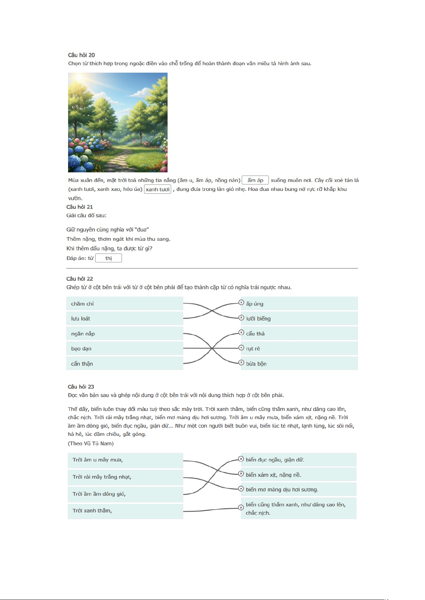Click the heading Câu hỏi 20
click(x=81, y=55)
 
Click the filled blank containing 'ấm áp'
click(x=255, y=180)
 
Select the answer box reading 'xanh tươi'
click(x=158, y=189)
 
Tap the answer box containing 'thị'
click(x=108, y=258)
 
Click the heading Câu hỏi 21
click(x=80, y=207)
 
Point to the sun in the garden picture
click(x=79, y=77)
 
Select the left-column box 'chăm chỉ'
click(x=124, y=304)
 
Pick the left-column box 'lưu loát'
click(x=124, y=319)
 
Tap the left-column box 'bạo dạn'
click(x=124, y=349)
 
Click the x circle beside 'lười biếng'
click(x=241, y=318)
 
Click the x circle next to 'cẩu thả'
click(x=241, y=333)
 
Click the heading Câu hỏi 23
click(x=81, y=387)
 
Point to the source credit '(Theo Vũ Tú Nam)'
click(x=91, y=443)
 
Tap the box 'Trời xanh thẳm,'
click(x=125, y=511)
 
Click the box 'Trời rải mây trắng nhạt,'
click(x=125, y=477)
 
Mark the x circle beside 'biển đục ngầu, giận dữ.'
click(x=241, y=459)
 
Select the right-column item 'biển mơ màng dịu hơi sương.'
click(x=298, y=490)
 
